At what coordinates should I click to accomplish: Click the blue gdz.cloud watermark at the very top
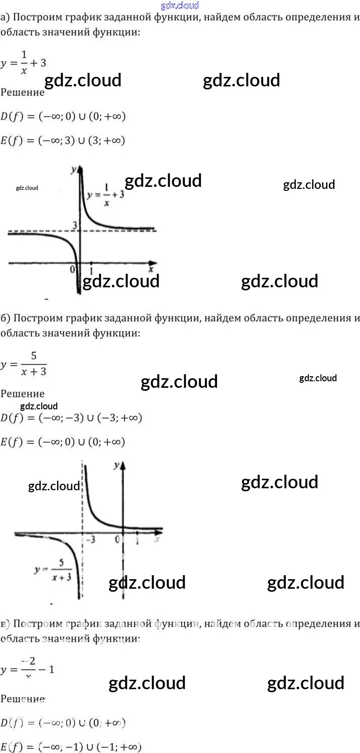pos(180,6)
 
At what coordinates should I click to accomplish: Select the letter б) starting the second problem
pos(5,318)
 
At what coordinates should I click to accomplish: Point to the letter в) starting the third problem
pos(5,624)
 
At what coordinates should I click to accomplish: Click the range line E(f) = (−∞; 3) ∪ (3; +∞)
pos(63,141)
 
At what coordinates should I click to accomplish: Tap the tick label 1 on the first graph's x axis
pos(91,264)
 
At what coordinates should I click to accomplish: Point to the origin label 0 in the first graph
pos(73,269)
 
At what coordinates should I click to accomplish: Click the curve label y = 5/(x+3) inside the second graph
pos(53,570)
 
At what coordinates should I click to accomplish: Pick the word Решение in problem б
pos(23,394)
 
